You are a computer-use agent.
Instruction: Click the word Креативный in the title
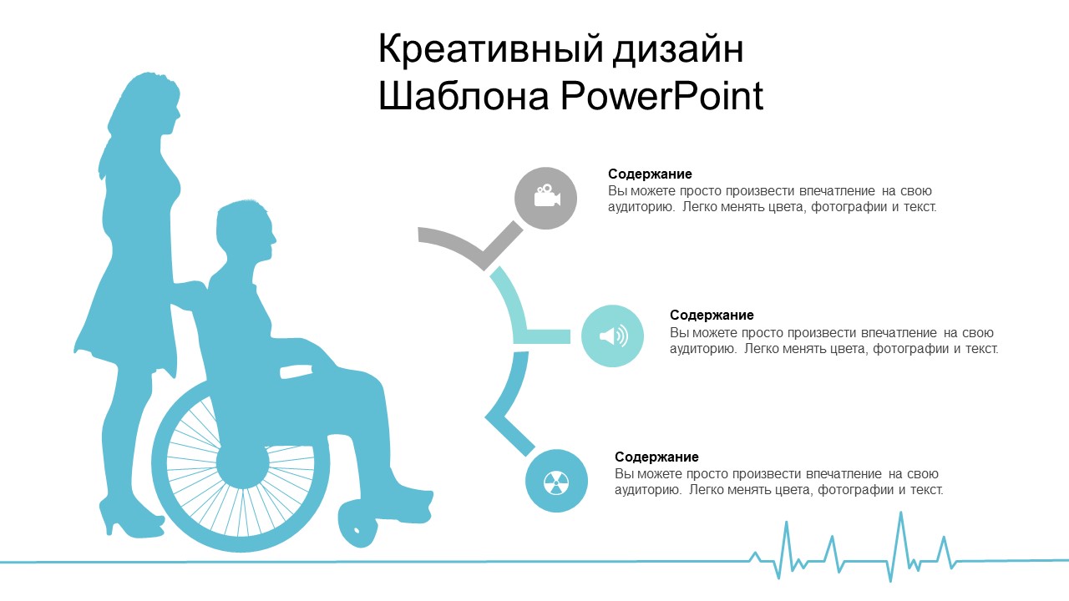(490, 50)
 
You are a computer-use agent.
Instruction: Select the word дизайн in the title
(678, 50)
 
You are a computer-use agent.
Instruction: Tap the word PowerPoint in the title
(662, 95)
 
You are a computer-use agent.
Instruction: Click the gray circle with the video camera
(545, 198)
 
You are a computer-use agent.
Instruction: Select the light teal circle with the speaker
(612, 336)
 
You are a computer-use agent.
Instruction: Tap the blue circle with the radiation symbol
(556, 481)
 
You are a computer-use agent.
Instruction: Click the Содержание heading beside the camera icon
(650, 174)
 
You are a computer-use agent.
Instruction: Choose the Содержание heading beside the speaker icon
(712, 316)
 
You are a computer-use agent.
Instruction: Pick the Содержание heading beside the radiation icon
(656, 457)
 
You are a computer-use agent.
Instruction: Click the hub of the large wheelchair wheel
(242, 463)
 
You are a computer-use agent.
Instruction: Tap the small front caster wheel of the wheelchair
(357, 523)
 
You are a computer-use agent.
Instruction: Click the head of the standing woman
(153, 103)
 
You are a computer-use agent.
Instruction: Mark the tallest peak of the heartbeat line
(901, 513)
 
